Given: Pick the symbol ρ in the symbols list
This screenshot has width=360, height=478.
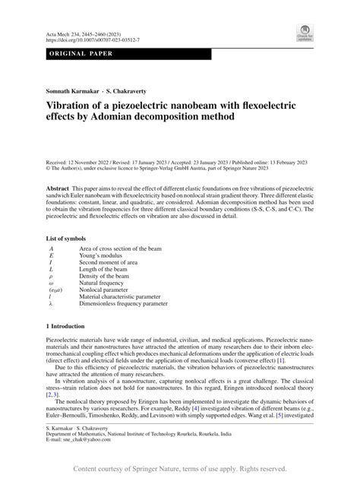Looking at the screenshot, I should coord(51,273).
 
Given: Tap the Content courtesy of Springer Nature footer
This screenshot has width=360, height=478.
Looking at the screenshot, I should coord(179,467).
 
